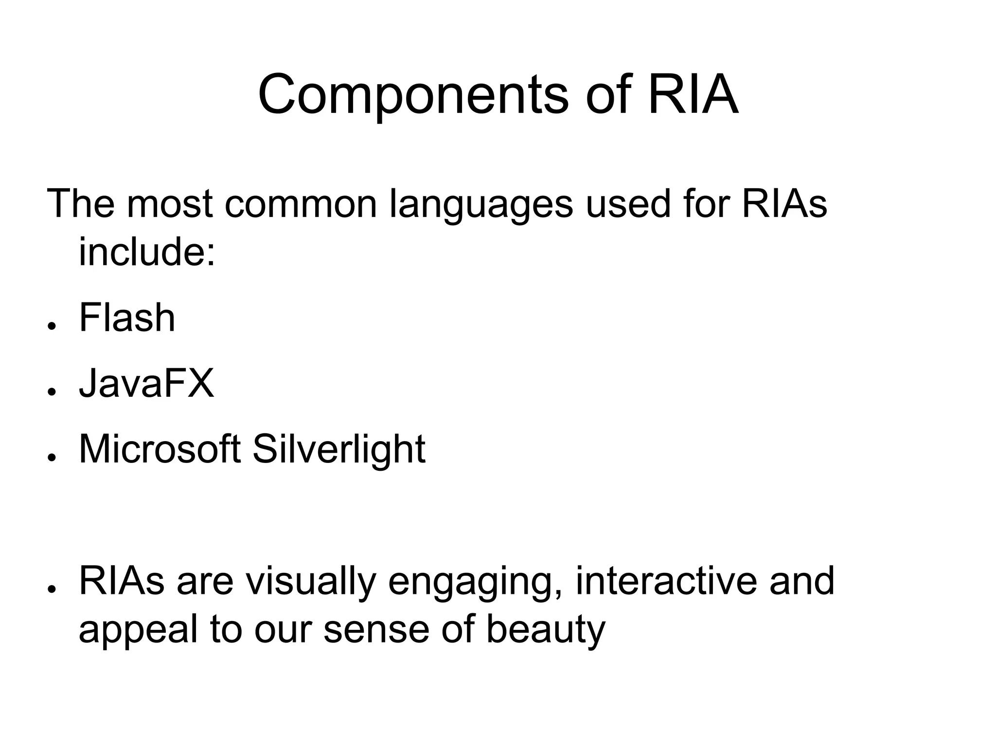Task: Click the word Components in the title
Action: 413,95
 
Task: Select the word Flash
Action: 127,318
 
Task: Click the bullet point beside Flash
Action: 50,325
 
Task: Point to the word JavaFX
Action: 146,384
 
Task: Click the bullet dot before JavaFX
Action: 50,391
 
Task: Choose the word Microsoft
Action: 160,449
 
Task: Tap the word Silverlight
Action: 339,450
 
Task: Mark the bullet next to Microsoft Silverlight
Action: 50,457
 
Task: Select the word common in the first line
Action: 301,204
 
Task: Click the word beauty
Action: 546,630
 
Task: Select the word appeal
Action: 138,630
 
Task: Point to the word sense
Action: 376,630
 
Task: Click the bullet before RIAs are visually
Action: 50,588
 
